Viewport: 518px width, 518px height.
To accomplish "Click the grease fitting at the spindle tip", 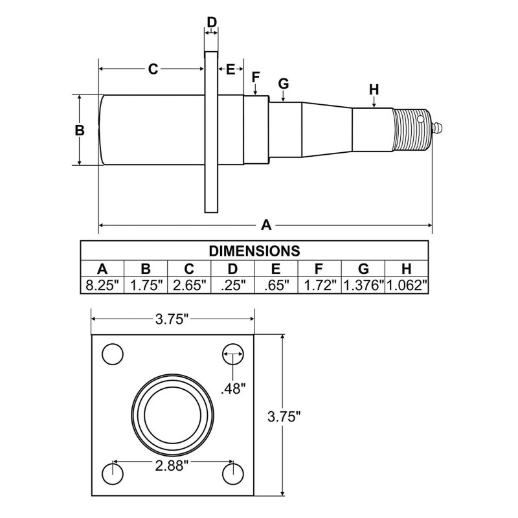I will tap(438, 128).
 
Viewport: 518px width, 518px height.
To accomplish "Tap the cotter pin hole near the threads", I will tap(421, 120).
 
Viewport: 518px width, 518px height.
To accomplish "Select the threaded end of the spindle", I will tap(411, 129).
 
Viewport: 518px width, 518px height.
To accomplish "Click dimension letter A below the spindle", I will tap(265, 225).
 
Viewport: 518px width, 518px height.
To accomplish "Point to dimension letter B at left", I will tap(80, 129).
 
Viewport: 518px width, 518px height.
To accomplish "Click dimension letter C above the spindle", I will tap(153, 69).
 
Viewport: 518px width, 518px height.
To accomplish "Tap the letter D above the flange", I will tap(212, 21).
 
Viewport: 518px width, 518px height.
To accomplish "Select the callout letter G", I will tap(283, 84).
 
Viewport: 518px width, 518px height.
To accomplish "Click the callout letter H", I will tap(374, 90).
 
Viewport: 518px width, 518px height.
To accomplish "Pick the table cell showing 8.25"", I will tap(102, 285).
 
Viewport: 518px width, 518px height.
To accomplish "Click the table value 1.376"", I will tap(363, 285).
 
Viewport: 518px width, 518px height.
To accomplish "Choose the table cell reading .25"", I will tap(232, 285).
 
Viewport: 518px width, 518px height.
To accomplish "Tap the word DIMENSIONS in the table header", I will tap(254, 251).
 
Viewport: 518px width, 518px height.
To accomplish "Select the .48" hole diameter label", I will tap(233, 388).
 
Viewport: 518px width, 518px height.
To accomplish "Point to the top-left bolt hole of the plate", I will tap(113, 354).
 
